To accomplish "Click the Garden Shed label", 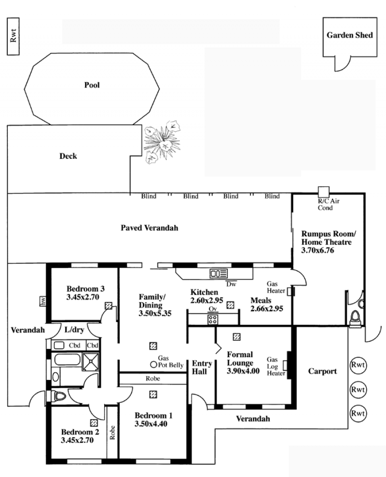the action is pyautogui.click(x=349, y=35).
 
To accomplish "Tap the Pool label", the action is pyautogui.click(x=92, y=85).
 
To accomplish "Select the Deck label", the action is pyautogui.click(x=68, y=156).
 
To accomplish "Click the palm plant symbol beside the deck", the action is pyautogui.click(x=162, y=142).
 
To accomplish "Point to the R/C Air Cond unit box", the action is pyautogui.click(x=323, y=192).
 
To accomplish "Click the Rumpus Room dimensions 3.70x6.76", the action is pyautogui.click(x=317, y=251).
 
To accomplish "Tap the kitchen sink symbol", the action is pyautogui.click(x=219, y=273).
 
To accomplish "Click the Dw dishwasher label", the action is pyautogui.click(x=231, y=284).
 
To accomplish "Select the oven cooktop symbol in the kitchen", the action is pyautogui.click(x=213, y=320).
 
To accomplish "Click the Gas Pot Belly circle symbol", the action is pyautogui.click(x=154, y=365).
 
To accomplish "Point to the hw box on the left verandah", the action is pyautogui.click(x=43, y=301).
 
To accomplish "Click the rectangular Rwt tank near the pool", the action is pyautogui.click(x=13, y=36).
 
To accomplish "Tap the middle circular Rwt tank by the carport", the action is pyautogui.click(x=358, y=390).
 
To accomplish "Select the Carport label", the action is pyautogui.click(x=322, y=371).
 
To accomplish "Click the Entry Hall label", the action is pyautogui.click(x=202, y=367).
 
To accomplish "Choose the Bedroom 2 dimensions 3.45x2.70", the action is pyautogui.click(x=77, y=440).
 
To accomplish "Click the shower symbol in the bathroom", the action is pyautogui.click(x=91, y=362).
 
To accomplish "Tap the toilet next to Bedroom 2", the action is pyautogui.click(x=59, y=396).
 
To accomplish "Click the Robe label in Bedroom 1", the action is pyautogui.click(x=152, y=379).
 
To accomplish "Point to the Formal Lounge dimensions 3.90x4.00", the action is pyautogui.click(x=243, y=371).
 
